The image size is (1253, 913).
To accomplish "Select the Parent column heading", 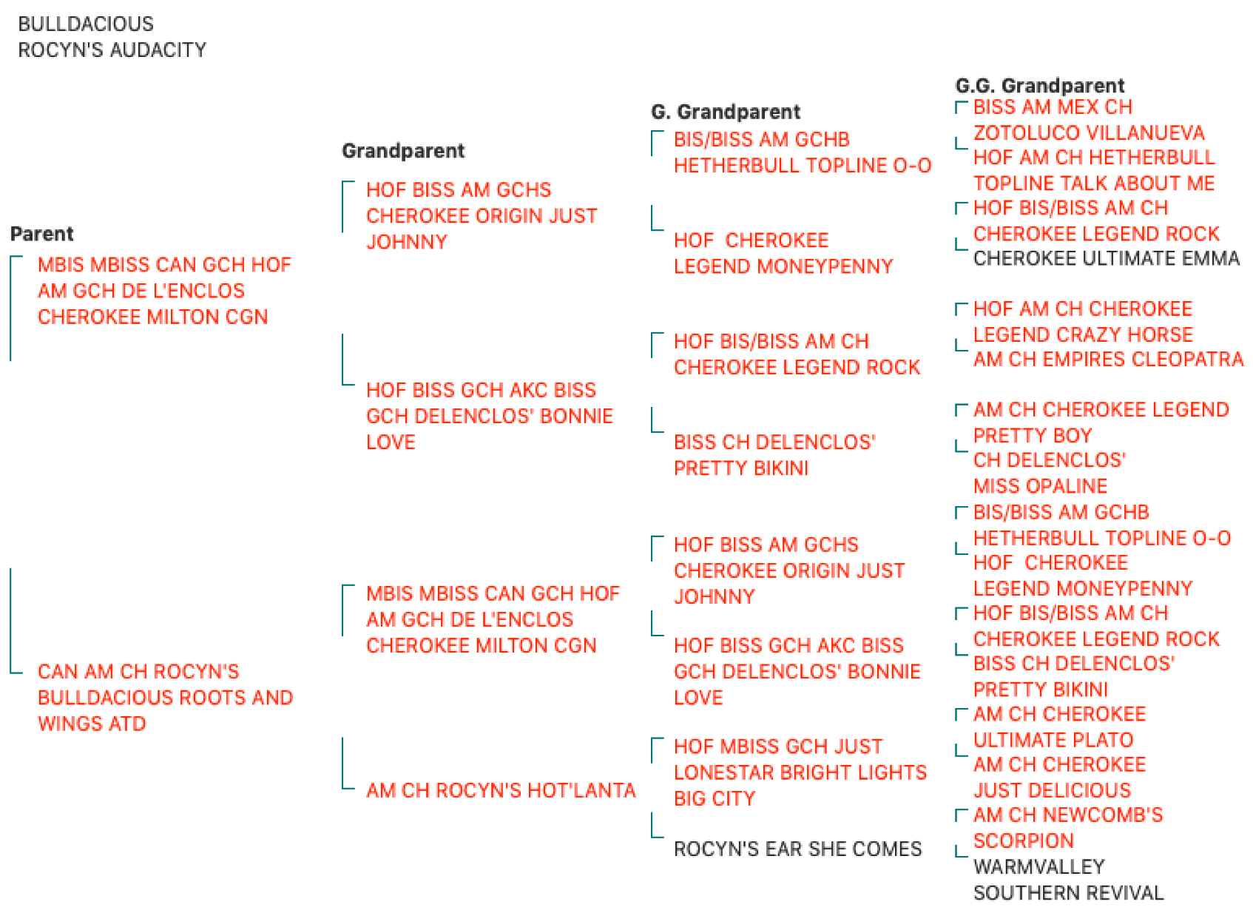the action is point(42,234).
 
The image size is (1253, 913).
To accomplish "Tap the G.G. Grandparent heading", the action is point(1040,86).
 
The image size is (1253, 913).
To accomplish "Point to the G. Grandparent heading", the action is point(726,112).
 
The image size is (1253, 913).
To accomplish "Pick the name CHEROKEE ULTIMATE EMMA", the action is point(1107,258).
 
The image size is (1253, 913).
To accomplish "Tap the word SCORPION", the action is point(1024,840).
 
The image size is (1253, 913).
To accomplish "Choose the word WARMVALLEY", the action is point(1039,867).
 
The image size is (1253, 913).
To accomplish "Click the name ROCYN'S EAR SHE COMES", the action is point(797,849).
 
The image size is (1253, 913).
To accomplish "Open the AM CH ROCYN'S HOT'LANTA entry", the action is point(501,790).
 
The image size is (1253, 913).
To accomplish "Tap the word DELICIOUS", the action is point(1081,790).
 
